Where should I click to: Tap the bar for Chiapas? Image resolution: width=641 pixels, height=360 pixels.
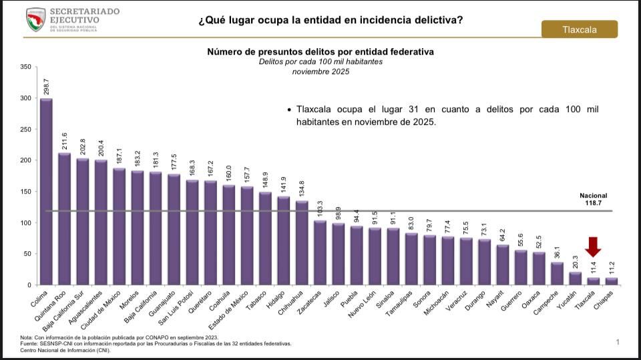click(612, 281)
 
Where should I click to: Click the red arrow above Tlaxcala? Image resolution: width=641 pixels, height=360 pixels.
click(593, 246)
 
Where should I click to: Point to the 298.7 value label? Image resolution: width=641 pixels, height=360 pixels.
click(46, 86)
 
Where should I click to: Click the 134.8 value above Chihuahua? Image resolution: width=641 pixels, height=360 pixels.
click(302, 188)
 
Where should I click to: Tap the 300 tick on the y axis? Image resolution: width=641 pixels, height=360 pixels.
click(26, 98)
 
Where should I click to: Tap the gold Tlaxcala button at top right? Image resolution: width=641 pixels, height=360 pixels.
click(579, 29)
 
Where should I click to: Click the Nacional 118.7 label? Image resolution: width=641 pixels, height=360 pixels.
click(593, 200)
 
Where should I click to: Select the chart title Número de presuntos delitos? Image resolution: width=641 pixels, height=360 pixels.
click(320, 51)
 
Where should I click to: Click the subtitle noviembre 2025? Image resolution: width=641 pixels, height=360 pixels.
click(320, 71)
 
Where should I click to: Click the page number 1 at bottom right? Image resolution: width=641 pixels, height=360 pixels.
click(618, 342)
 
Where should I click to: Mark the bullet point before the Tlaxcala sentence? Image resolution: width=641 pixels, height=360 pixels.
click(288, 110)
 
